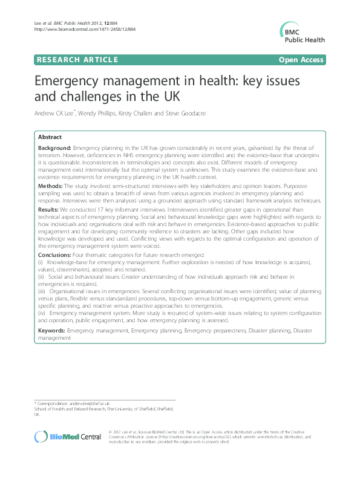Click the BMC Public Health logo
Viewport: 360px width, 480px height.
click(303, 31)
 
